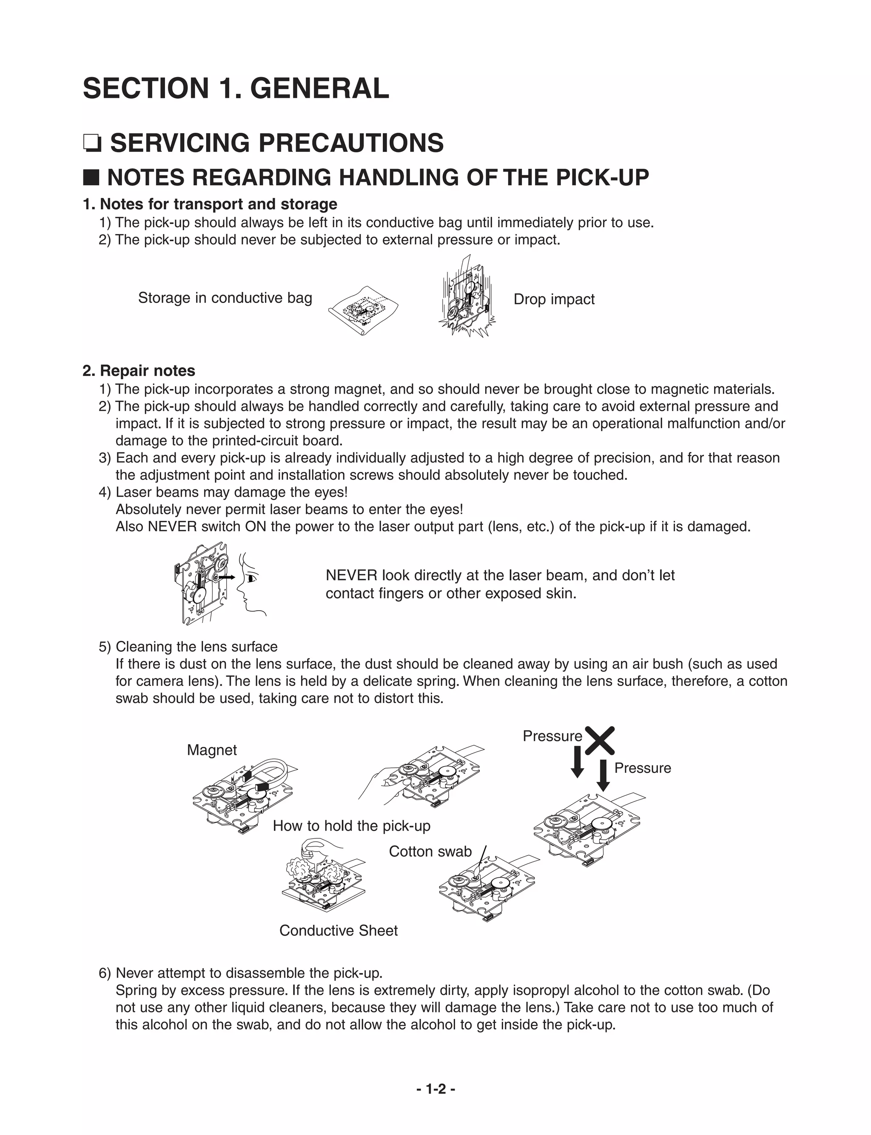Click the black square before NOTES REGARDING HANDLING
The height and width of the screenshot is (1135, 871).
click(x=91, y=177)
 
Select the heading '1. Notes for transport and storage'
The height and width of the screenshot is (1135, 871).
click(x=210, y=204)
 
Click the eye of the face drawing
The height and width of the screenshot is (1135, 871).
click(x=251, y=578)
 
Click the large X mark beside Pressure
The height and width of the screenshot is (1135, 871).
click(x=600, y=740)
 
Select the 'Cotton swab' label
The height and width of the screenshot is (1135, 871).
click(x=430, y=851)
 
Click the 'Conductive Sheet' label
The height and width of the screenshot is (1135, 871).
click(x=338, y=930)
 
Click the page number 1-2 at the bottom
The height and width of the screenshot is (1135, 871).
click(x=435, y=1088)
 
